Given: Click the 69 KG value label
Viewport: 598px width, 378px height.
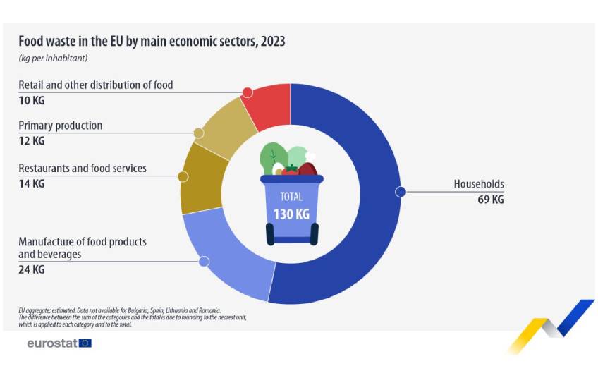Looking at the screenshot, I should (x=490, y=200).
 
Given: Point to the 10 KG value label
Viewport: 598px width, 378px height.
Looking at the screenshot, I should (x=31, y=100).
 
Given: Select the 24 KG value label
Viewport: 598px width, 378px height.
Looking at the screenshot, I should (x=31, y=269).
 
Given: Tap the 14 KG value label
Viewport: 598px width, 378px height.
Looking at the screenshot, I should (x=31, y=183).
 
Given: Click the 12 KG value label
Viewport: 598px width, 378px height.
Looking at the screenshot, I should (x=31, y=141).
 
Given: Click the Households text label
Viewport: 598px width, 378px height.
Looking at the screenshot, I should (x=479, y=185).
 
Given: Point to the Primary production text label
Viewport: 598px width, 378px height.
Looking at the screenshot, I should (x=61, y=126).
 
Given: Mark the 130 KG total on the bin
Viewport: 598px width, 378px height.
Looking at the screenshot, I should (x=291, y=214).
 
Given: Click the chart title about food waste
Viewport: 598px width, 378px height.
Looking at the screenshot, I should (x=152, y=42).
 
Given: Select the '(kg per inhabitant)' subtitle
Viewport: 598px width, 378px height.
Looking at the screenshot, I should (x=53, y=58).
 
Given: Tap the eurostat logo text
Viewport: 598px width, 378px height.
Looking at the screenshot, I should (x=51, y=343).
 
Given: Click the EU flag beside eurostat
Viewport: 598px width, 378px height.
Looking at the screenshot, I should (x=85, y=343).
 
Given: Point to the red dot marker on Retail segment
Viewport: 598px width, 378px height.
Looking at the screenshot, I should (x=247, y=92).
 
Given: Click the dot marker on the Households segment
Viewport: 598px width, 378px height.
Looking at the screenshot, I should (x=401, y=191).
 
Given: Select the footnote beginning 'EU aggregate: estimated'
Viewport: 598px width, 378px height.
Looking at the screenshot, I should (x=120, y=310).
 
